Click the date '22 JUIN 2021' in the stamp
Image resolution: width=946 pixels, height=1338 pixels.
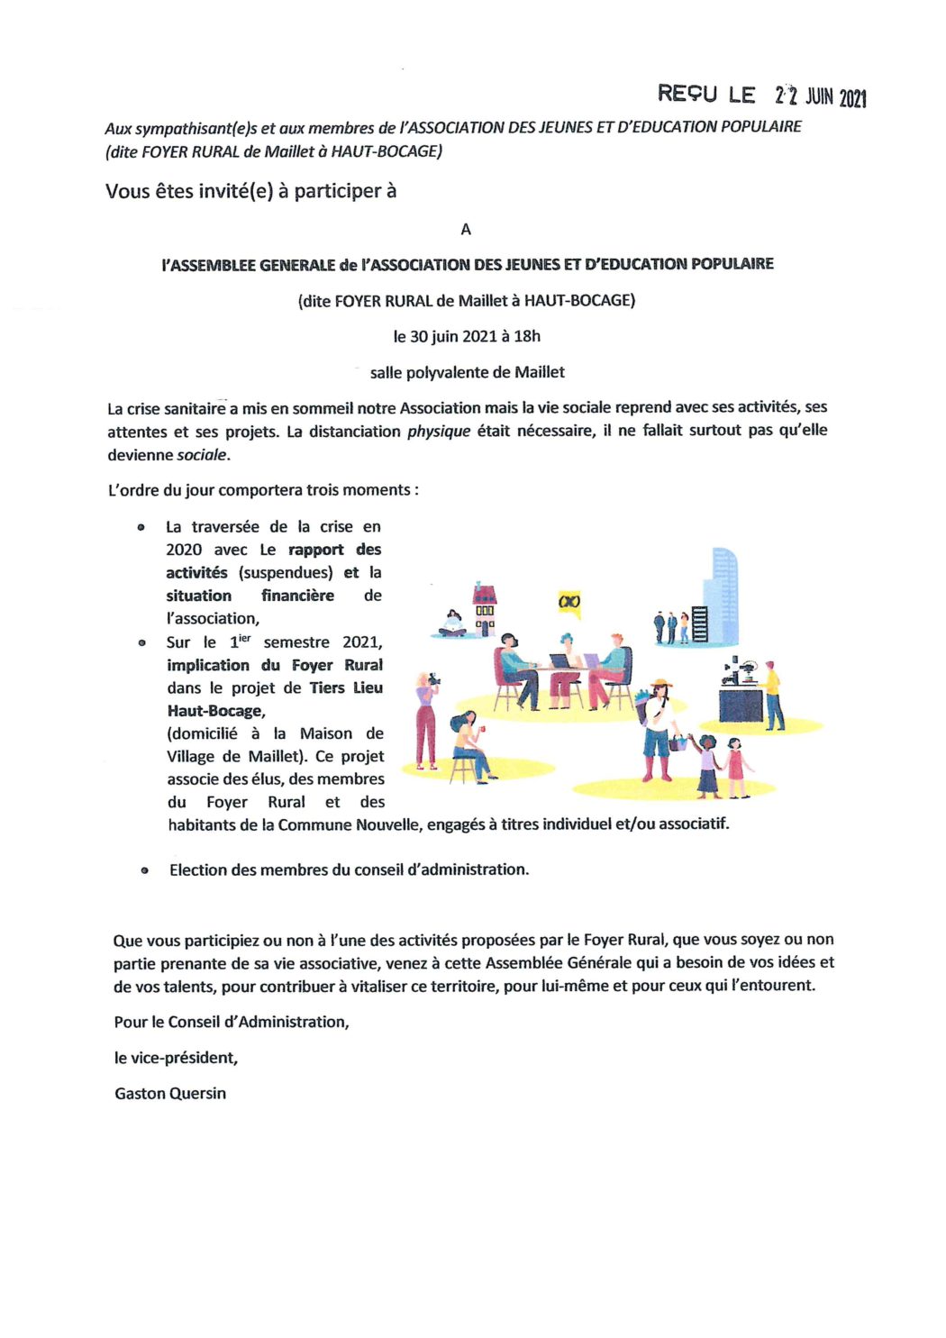pos(820,96)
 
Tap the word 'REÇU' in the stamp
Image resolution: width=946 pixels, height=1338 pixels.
pos(687,93)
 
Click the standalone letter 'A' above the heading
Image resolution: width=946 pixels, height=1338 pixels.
pos(466,230)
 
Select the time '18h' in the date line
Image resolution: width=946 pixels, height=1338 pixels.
pos(527,336)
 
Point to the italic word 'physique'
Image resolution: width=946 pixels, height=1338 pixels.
pos(439,431)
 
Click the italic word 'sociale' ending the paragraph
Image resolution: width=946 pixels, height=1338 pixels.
pos(202,455)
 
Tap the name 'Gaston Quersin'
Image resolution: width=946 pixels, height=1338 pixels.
pos(170,1093)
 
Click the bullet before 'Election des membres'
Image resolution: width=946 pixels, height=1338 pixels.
pos(144,870)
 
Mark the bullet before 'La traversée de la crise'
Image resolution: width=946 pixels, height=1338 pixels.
pos(141,527)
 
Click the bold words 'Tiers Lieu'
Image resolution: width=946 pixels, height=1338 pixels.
pos(346,687)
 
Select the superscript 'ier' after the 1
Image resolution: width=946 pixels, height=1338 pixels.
pos(244,638)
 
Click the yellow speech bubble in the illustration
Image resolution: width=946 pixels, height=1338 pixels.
pos(569,602)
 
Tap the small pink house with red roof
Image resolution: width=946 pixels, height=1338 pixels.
pos(485,608)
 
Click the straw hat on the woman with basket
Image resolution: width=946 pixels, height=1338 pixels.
pos(661,684)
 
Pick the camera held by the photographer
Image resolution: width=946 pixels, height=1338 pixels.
pos(434,678)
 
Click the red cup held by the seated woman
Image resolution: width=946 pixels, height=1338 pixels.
pos(482,727)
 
